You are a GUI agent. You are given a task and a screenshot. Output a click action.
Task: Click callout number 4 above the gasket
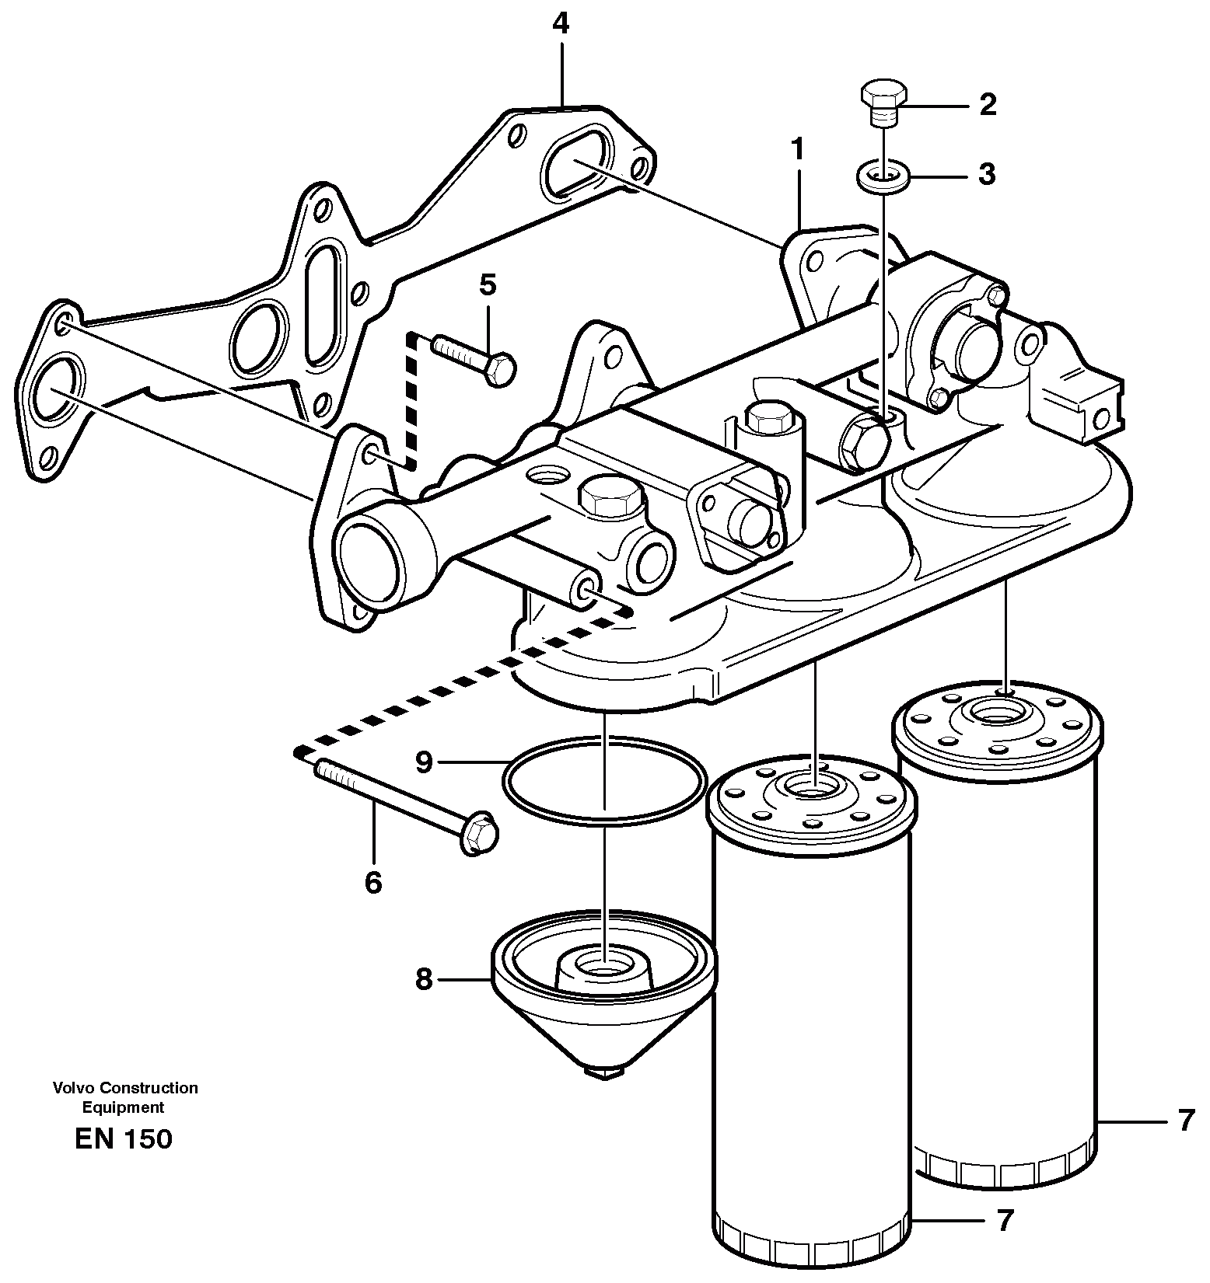tap(560, 25)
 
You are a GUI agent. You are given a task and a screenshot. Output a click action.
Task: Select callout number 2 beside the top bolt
tap(987, 104)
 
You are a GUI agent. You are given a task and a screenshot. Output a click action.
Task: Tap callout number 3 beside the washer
tap(986, 175)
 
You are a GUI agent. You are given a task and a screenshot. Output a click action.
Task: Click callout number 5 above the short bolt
tap(487, 284)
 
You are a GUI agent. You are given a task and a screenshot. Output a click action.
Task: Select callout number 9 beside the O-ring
tap(424, 762)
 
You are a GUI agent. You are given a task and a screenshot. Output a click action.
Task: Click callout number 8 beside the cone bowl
tap(423, 979)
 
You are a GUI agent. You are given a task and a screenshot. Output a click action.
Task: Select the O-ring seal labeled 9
tap(605, 781)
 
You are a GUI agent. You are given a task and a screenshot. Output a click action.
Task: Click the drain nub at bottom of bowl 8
tap(604, 1072)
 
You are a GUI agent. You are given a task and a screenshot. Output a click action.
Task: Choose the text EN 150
tap(124, 1139)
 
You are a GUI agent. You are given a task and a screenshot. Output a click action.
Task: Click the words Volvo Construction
tap(125, 1088)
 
